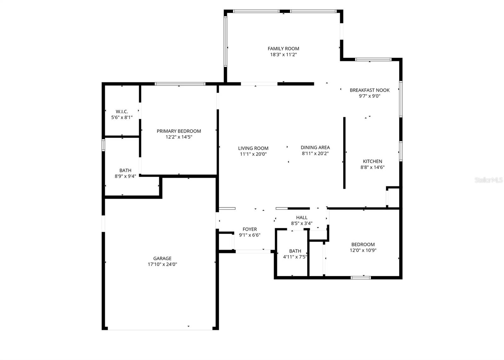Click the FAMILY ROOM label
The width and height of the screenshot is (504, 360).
point(283,49)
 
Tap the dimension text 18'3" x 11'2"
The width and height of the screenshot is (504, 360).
point(283,54)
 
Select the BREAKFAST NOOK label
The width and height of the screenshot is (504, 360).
point(369,90)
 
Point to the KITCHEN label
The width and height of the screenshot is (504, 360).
point(372,161)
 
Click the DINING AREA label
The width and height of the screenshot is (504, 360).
point(315,147)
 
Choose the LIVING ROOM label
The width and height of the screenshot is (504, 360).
point(253,148)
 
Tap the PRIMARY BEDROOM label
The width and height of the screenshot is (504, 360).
point(179,131)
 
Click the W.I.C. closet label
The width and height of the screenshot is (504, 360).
point(122,111)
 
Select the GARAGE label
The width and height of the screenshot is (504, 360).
point(162,258)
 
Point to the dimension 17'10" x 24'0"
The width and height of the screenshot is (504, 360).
point(162,264)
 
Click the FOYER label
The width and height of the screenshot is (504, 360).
point(249,229)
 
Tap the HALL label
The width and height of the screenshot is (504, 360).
point(301,217)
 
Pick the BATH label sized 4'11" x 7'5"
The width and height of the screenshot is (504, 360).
point(295,251)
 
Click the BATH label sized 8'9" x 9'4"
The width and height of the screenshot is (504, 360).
point(125,170)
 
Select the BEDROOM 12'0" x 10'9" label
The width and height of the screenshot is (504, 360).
point(363,244)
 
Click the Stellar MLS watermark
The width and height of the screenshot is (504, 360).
point(489,180)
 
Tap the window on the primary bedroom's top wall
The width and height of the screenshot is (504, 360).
point(180,84)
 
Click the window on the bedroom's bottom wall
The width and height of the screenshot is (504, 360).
point(361,277)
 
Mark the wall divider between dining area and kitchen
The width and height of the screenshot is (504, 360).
point(344,153)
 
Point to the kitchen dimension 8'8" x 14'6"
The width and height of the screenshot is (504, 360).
point(372,167)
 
